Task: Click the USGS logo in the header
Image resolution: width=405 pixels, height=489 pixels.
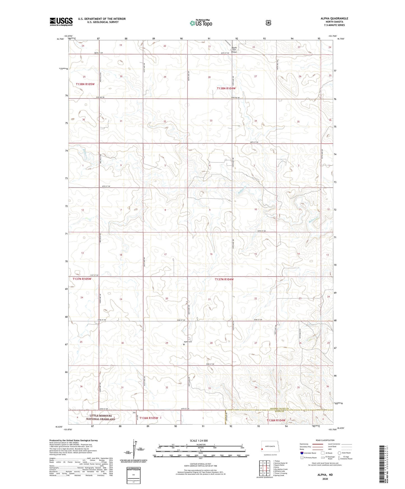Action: [x=61, y=22]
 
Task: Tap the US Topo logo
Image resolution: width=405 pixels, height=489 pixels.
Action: [x=200, y=23]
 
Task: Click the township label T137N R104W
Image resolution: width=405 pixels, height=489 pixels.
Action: [x=224, y=279]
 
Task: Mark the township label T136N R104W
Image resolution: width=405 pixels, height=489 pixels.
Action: [x=276, y=420]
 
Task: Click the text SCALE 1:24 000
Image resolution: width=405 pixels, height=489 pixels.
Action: [x=199, y=441]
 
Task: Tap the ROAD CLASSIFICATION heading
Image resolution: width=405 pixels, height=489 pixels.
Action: [x=325, y=440]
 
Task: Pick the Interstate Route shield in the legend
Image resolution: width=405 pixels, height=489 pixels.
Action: [x=302, y=453]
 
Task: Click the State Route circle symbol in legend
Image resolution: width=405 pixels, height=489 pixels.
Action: [x=339, y=453]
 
